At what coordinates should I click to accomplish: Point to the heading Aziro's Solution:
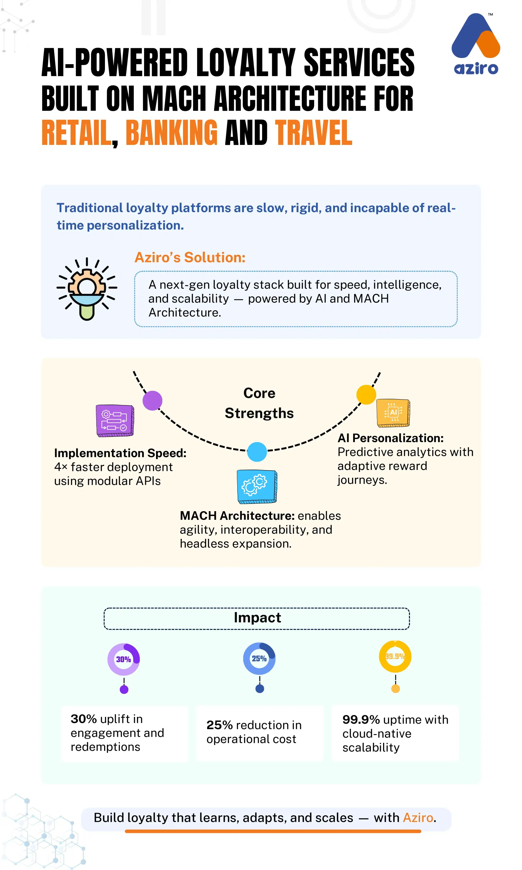coord(190,257)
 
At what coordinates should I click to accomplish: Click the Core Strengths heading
coord(259,403)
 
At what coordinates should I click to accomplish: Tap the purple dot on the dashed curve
coord(152,400)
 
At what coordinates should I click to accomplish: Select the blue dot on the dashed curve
coord(257,452)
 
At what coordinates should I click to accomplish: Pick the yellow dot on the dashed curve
coord(366,394)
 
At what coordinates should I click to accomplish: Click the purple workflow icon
coord(115,421)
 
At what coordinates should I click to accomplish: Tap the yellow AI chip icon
coord(393,413)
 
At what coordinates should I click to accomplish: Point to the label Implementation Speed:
coord(120,453)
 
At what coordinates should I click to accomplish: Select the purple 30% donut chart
coord(123,659)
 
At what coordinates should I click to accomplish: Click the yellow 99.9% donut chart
coord(395,657)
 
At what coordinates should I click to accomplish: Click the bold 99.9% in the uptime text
coord(361,720)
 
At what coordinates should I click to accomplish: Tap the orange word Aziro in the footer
coord(418,818)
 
